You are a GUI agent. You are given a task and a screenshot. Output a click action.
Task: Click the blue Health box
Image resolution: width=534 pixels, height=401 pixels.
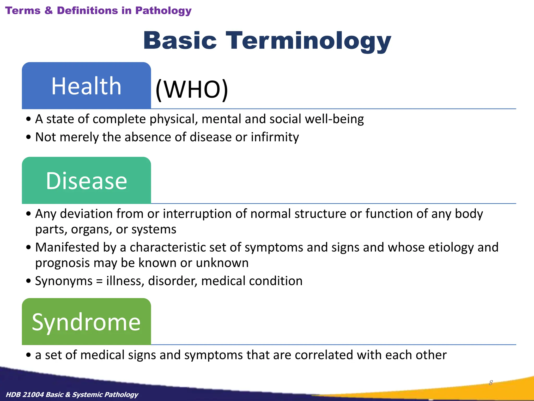[x=86, y=86]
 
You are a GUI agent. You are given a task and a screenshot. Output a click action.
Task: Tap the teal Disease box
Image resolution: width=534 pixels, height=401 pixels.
[x=86, y=180]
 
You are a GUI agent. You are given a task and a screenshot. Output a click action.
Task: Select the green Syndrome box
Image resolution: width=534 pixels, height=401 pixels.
[x=86, y=322]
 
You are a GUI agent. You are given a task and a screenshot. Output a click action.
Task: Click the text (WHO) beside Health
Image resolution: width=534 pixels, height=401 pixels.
[x=192, y=89]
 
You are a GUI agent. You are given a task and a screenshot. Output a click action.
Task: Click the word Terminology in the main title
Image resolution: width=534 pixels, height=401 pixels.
[x=308, y=41]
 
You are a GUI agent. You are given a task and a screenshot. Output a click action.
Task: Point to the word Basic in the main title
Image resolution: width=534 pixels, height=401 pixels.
[x=180, y=41]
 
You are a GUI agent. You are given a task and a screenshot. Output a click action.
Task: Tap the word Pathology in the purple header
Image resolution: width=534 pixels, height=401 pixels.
[x=163, y=11]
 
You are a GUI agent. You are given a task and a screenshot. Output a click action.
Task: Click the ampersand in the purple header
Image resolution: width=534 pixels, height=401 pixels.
[x=48, y=11]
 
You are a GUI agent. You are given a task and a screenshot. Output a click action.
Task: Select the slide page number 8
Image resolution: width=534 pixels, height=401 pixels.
[x=491, y=383]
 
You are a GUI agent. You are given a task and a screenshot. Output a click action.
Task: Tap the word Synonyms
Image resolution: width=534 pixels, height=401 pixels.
[x=64, y=281]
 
